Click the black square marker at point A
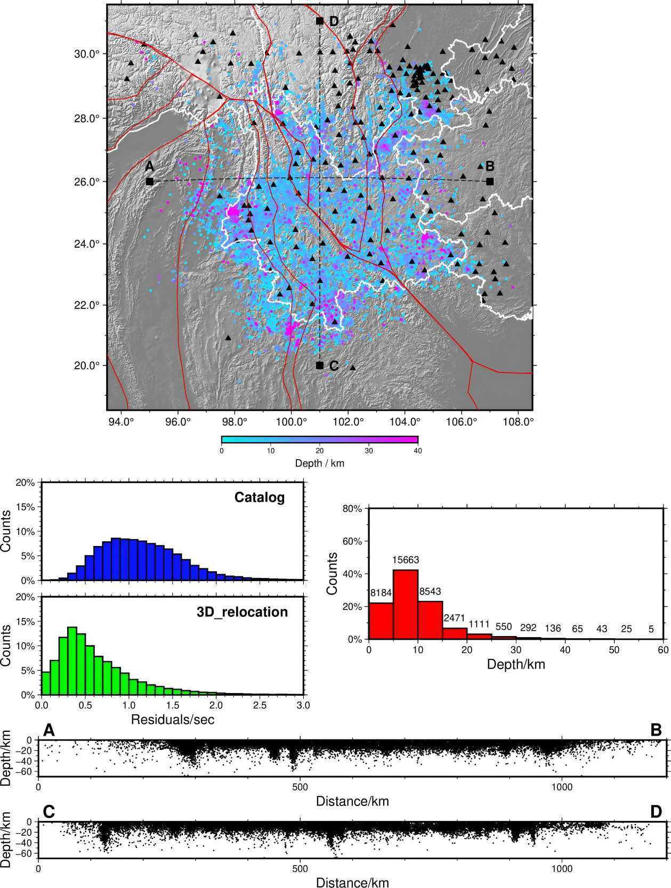pyautogui.click(x=149, y=182)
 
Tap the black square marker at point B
pyautogui.click(x=490, y=181)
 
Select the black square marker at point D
pyautogui.click(x=320, y=21)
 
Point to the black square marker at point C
pyautogui.click(x=320, y=365)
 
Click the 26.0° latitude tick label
pyautogui.click(x=87, y=181)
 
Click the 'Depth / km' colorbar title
pyautogui.click(x=320, y=463)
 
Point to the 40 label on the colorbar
pyautogui.click(x=418, y=451)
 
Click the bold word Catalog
pyautogui.click(x=260, y=497)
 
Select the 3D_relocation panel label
pyautogui.click(x=242, y=612)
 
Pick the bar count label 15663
pyautogui.click(x=406, y=560)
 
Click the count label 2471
pyautogui.click(x=454, y=618)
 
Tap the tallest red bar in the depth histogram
pyautogui.click(x=406, y=605)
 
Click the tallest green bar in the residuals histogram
pyautogui.click(x=72, y=661)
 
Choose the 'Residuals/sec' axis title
pyautogui.click(x=173, y=719)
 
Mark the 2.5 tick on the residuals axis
pyautogui.click(x=260, y=705)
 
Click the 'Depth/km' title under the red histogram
pyautogui.click(x=516, y=664)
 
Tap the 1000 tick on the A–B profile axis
pyautogui.click(x=561, y=787)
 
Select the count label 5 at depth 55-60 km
pyautogui.click(x=651, y=629)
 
